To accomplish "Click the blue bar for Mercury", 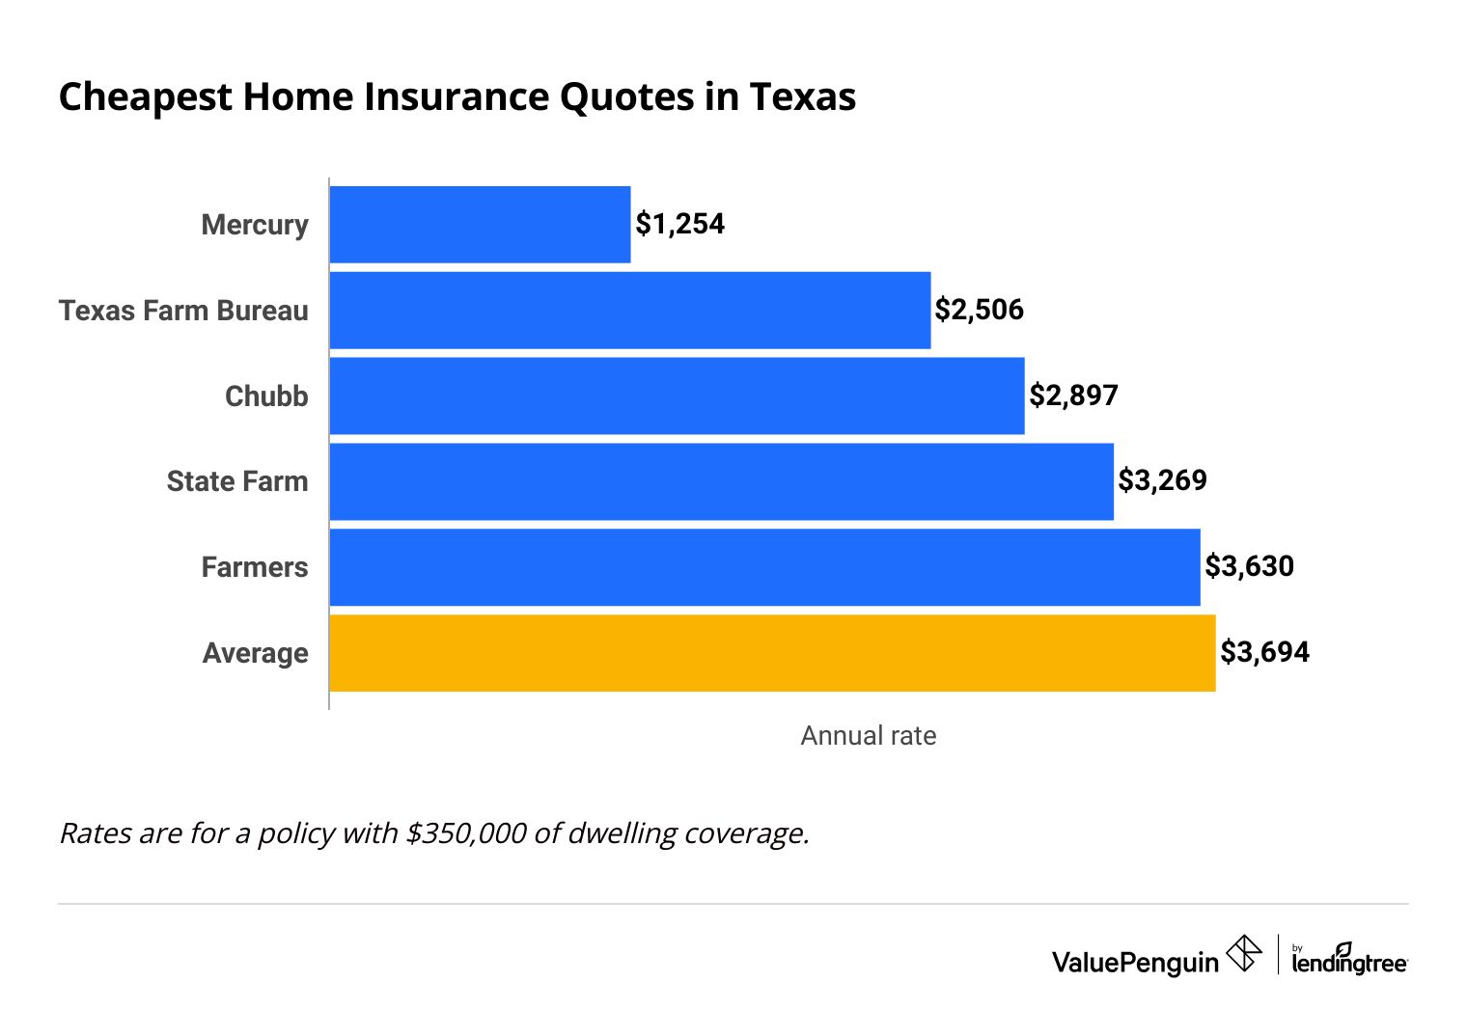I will pos(480,225).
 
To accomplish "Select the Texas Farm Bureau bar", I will pos(630,311).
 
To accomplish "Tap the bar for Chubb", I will pos(677,395).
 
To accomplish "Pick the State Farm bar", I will pos(721,481).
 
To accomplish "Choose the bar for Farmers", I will pos(764,567).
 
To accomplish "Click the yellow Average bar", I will pos(772,653).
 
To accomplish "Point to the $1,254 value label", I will pos(679,224).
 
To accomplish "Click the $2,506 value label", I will pos(979,310).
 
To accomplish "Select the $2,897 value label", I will pos(1073,395).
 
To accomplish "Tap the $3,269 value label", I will pos(1162,480).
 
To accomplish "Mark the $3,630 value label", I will pos(1249,566).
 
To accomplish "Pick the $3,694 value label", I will pos(1264,652).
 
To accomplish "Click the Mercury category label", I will pos(255,225).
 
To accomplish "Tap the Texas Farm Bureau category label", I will pos(183,311).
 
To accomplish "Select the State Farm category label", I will pos(237,481).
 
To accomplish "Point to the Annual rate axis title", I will pos(868,736).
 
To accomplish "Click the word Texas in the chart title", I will pos(802,97).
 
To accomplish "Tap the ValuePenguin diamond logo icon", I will pos(1243,954).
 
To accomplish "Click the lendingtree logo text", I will pos(1349,962).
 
